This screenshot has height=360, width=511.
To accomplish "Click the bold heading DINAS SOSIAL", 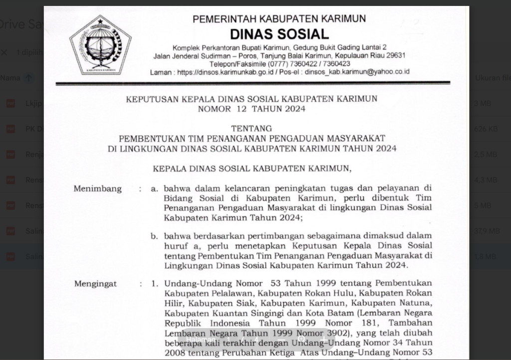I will (279, 34).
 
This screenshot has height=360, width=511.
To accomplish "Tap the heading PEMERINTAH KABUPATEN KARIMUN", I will (279, 19).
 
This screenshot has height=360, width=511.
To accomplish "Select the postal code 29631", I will (395, 55).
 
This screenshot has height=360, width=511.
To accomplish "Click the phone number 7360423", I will (336, 64).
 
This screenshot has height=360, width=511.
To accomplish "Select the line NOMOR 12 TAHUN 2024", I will (252, 108).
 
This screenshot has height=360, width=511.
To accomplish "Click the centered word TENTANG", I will (252, 128).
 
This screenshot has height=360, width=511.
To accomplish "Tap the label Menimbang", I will (98, 189).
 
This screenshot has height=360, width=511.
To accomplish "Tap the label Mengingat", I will (96, 284).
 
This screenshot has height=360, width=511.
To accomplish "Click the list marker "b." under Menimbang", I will (155, 236).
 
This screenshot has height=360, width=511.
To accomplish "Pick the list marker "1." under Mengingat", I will (155, 284).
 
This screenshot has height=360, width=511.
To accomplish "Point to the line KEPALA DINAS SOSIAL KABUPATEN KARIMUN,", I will (252, 168).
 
